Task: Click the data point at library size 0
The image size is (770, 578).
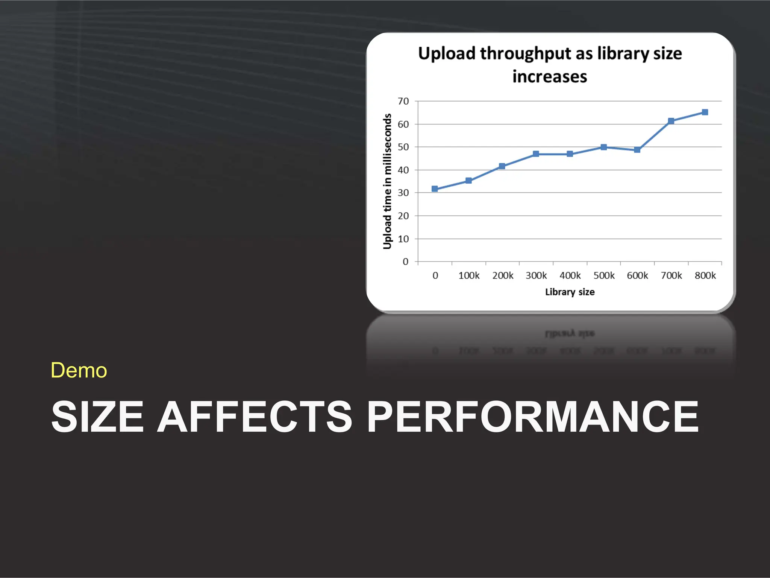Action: pos(435,189)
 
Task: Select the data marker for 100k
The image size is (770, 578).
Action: pos(468,181)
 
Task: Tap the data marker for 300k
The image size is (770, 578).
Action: pos(536,154)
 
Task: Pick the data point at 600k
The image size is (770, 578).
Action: pos(637,150)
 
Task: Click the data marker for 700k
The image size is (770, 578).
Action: pos(671,121)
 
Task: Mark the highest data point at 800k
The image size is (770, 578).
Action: pos(705,112)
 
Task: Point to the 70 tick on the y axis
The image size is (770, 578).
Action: pos(403,101)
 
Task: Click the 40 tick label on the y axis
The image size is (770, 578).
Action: pos(403,170)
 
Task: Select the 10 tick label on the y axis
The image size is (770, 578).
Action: pos(403,239)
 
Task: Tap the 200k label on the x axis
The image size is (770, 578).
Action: pos(503,276)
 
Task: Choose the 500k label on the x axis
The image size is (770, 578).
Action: pos(604,276)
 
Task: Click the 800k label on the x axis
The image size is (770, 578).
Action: pos(705,276)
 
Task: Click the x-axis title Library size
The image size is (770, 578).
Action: pos(570,292)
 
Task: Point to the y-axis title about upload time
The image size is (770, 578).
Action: pos(387,181)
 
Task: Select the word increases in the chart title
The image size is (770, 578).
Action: pos(550,77)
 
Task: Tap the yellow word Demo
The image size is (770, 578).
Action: pos(79,370)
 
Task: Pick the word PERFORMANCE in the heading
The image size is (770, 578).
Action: pos(533,416)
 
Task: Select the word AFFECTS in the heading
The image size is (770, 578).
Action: pos(255,416)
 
